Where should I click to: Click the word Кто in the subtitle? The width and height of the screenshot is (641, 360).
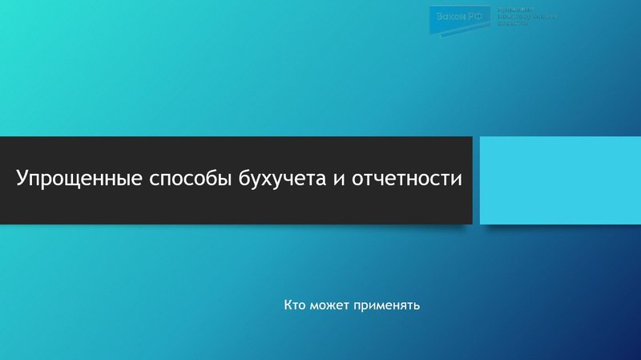click(x=293, y=305)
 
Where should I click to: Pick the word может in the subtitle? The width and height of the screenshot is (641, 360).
click(x=326, y=305)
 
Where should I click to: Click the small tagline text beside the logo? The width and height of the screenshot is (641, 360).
click(x=526, y=17)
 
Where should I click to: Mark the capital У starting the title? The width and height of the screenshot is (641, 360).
click(x=23, y=178)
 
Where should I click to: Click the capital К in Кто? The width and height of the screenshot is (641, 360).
click(x=287, y=305)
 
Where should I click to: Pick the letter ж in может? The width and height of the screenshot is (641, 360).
click(x=329, y=305)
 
